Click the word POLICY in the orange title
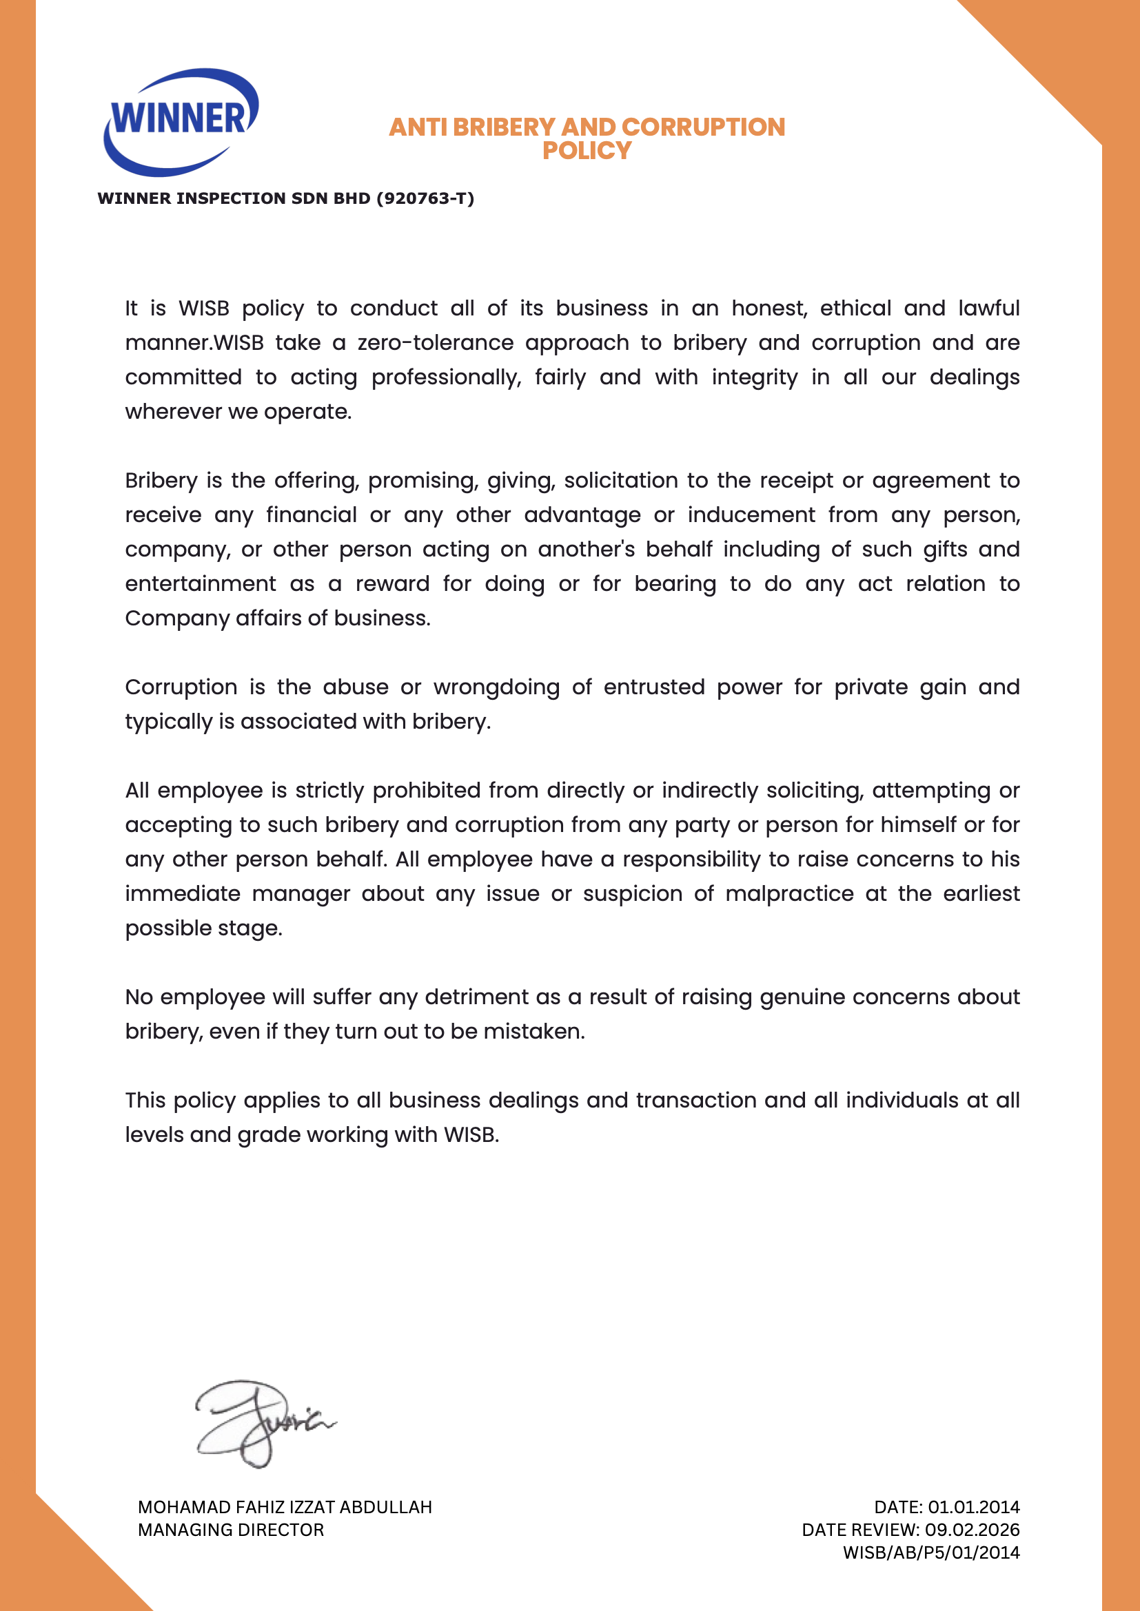tap(587, 150)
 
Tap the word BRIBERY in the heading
tap(504, 127)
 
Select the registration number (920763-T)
tap(425, 198)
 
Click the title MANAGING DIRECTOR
tap(231, 1530)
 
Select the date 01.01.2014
tap(974, 1507)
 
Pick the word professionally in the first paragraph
tap(447, 377)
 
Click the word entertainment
tap(201, 584)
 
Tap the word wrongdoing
tap(496, 687)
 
